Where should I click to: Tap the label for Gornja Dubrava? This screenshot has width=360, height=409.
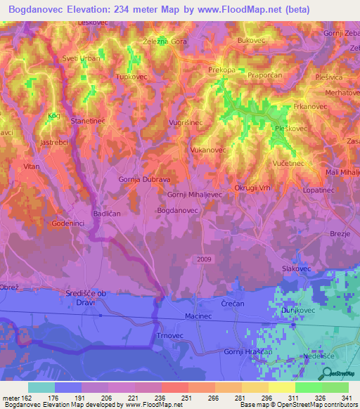point(145,180)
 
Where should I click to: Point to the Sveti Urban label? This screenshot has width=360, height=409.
point(82,58)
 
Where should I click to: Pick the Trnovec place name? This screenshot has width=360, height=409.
point(167,336)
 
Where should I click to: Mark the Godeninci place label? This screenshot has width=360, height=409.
point(69,223)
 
